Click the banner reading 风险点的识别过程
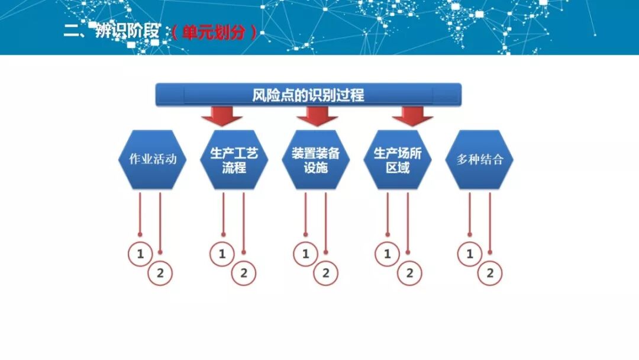click(x=308, y=95)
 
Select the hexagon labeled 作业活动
click(x=152, y=159)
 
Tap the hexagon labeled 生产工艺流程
click(x=234, y=159)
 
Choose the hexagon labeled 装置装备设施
click(x=315, y=159)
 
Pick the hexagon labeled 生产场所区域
click(x=397, y=159)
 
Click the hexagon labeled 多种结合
click(x=479, y=159)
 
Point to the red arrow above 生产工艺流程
click(x=222, y=116)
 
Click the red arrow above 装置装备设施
click(x=317, y=116)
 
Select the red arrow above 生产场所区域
click(x=412, y=116)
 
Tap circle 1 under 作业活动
click(x=140, y=255)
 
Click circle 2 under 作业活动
click(x=160, y=274)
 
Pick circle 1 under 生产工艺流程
click(x=222, y=255)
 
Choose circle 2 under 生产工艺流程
click(x=243, y=274)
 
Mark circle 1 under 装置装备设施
click(x=305, y=255)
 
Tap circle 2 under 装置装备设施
click(x=325, y=274)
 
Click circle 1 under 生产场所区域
click(x=388, y=255)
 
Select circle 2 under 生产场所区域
click(x=409, y=274)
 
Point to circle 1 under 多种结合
click(x=470, y=255)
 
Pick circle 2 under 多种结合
click(x=490, y=274)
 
